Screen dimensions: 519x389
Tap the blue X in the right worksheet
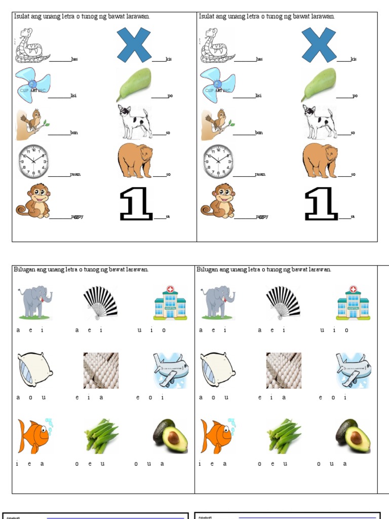pyautogui.click(x=319, y=45)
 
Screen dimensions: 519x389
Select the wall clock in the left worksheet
pyautogui.click(x=33, y=162)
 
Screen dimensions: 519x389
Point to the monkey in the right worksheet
pyautogui.click(x=218, y=201)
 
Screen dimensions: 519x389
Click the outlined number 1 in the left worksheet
pyautogui.click(x=136, y=204)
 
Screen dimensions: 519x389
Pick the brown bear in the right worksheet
pyautogui.click(x=320, y=160)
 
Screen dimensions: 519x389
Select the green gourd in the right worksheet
pyautogui.click(x=319, y=85)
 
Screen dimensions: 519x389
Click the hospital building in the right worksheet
pyautogui.click(x=353, y=303)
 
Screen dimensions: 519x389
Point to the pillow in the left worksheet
pyautogui.click(x=34, y=369)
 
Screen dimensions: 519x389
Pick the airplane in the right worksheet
pyautogui.click(x=354, y=370)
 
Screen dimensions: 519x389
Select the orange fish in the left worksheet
pyautogui.click(x=34, y=435)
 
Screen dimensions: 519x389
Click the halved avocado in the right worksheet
pyautogui.click(x=353, y=436)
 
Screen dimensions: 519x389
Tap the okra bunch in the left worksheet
pyautogui.click(x=101, y=435)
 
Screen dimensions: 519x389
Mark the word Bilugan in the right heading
pyautogui.click(x=207, y=269)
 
